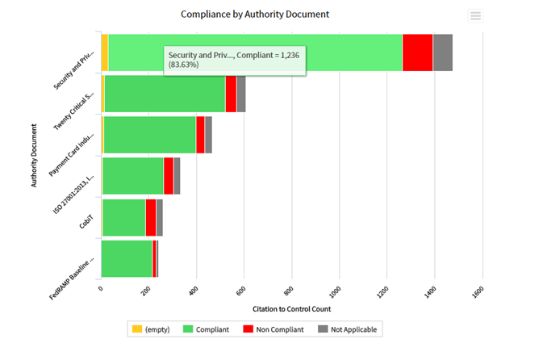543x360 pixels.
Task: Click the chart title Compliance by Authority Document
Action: coord(255,15)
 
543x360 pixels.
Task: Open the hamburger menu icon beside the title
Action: coord(475,16)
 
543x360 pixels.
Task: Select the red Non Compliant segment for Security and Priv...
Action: coord(418,52)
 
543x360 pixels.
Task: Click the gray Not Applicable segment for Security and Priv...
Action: coord(443,52)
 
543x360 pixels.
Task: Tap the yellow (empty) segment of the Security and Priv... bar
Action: coord(105,52)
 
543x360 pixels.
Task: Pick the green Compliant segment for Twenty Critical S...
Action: coord(165,94)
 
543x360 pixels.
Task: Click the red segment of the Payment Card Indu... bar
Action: coord(201,135)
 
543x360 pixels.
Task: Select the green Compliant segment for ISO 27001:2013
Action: coord(133,176)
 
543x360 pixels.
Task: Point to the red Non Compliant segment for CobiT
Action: coord(151,218)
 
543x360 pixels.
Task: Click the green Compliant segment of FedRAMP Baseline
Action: coord(127,259)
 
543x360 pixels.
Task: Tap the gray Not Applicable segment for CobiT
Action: coord(160,218)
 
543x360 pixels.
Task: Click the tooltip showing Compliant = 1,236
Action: coord(235,61)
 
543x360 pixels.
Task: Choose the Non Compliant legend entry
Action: coord(274,329)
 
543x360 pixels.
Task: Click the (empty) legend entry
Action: coord(152,329)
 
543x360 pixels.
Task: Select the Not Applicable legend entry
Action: coord(347,329)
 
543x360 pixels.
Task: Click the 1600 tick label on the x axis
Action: coord(478,292)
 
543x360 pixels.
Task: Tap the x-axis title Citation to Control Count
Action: coord(291,309)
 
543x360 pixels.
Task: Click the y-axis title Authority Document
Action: coord(34,156)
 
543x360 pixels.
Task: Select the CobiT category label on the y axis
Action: coord(86,222)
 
